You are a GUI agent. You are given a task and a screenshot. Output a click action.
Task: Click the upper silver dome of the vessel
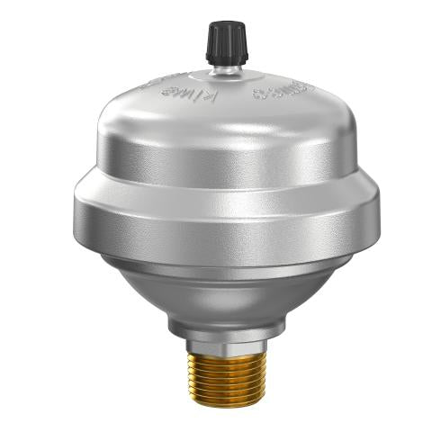[x=220, y=126]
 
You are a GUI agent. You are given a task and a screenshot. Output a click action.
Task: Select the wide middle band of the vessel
[x=220, y=216]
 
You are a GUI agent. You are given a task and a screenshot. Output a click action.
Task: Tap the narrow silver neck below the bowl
[x=220, y=327]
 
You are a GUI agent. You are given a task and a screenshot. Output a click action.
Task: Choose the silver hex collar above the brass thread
[x=220, y=343]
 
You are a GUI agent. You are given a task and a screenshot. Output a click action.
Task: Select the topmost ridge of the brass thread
[x=220, y=355]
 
